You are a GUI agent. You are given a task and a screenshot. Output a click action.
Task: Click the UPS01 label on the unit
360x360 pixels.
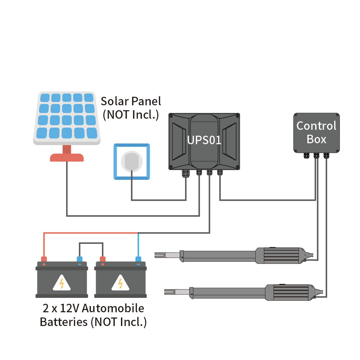tap(204, 140)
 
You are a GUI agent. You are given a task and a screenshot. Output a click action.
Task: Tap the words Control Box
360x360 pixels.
tap(316, 132)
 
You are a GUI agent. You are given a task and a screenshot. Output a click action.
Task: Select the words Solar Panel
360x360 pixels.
tap(131, 101)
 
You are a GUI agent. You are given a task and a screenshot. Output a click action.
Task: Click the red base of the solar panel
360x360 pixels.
tap(67, 157)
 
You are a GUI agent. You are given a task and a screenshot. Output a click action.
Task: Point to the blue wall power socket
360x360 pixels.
tap(131, 162)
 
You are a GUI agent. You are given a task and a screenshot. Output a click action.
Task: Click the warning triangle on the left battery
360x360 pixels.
tap(62, 283)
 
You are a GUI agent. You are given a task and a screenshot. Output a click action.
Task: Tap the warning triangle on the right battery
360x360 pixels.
tap(120, 283)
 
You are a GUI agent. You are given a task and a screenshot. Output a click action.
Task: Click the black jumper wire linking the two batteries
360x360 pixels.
tap(91, 243)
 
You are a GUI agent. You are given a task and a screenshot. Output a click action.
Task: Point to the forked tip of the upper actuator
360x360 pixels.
tap(160, 254)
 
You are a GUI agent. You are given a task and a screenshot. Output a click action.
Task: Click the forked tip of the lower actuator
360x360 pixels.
tap(169, 291)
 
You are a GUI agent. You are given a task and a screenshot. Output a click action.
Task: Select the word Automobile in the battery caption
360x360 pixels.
tap(113, 308)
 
